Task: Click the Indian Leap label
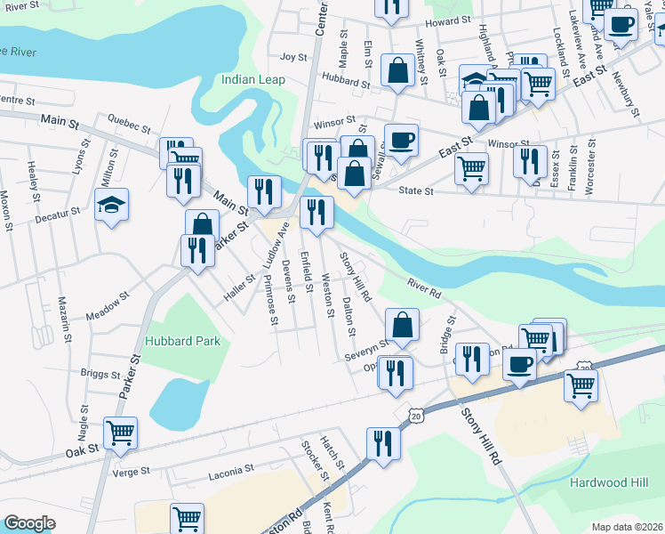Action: (253, 80)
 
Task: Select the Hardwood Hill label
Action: (607, 482)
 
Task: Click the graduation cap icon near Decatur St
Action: (112, 206)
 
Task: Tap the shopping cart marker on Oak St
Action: (120, 433)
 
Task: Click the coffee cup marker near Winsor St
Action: (400, 140)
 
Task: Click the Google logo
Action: (29, 523)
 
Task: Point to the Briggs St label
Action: (98, 374)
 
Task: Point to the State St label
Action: (416, 190)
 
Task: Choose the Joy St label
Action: (293, 56)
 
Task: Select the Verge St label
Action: (132, 473)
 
